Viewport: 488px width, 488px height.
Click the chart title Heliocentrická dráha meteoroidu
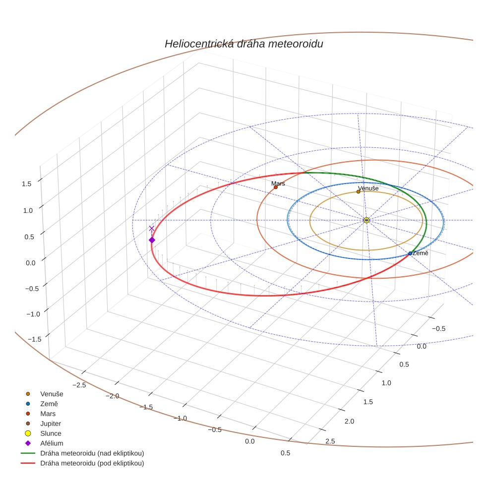pyautogui.click(x=244, y=44)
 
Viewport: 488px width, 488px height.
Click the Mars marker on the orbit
pyautogui.click(x=276, y=187)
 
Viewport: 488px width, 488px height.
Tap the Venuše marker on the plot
pyautogui.click(x=359, y=191)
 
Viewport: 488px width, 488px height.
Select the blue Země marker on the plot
pyautogui.click(x=410, y=253)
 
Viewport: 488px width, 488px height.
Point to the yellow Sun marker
pyautogui.click(x=366, y=220)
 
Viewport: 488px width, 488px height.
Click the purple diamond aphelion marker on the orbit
pyautogui.click(x=152, y=240)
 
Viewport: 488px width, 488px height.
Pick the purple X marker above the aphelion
pyautogui.click(x=152, y=229)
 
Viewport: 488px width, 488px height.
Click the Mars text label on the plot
pyautogui.click(x=278, y=183)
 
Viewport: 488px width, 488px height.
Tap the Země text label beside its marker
pyautogui.click(x=421, y=253)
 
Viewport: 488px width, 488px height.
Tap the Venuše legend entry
pyautogui.click(x=52, y=394)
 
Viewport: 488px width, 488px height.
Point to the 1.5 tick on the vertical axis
pyautogui.click(x=27, y=183)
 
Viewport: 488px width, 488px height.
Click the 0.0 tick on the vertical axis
pyautogui.click(x=31, y=263)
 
